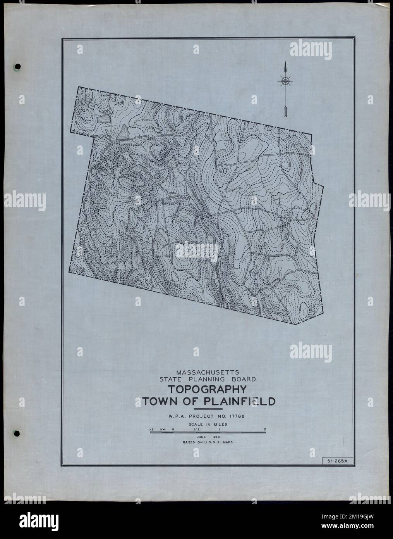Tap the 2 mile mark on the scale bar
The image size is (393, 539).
(265, 429)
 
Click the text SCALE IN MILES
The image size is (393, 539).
(208, 424)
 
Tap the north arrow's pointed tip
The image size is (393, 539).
(285, 63)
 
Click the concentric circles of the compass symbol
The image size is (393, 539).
(285, 81)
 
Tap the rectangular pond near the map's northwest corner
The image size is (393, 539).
(103, 119)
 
